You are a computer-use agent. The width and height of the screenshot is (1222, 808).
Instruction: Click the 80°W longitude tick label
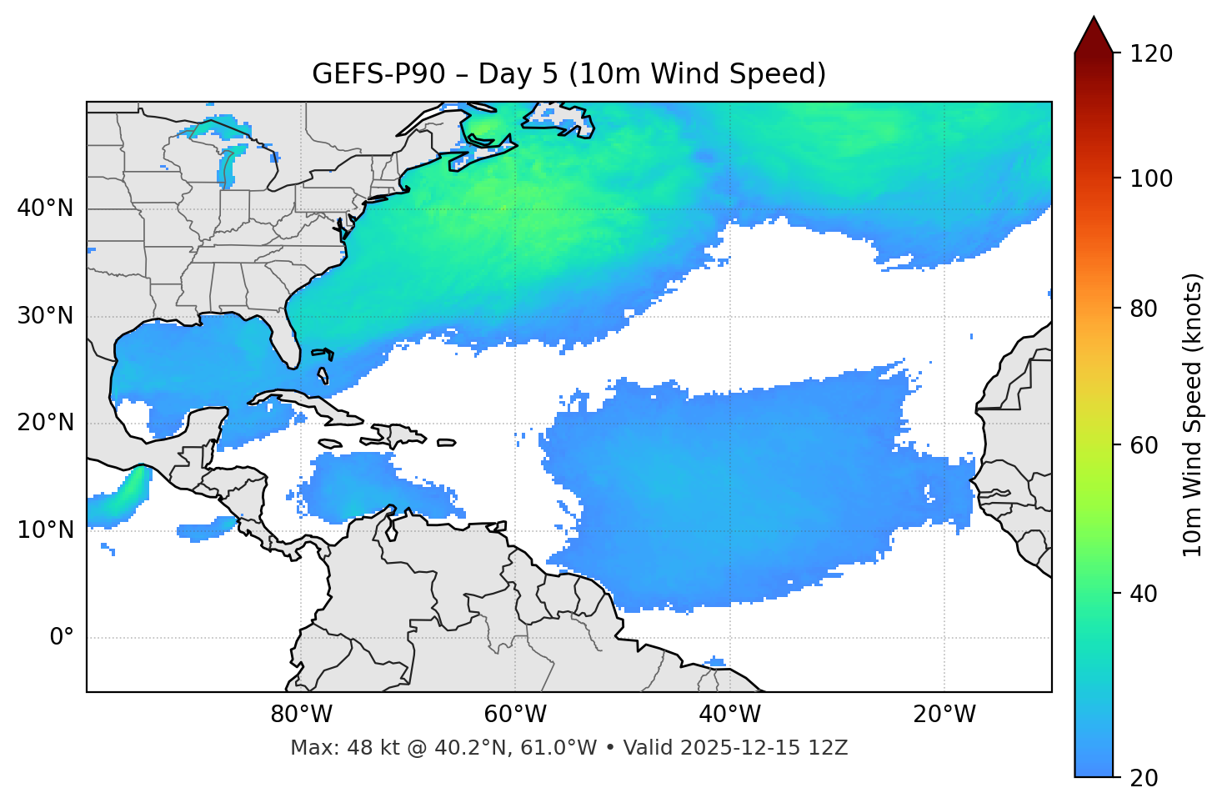pos(301,715)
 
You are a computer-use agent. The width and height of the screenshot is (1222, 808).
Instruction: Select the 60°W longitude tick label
pos(515,715)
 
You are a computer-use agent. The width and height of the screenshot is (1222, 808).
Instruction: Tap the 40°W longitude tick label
pos(729,715)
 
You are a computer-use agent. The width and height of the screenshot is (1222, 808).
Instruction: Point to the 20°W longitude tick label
pos(944,715)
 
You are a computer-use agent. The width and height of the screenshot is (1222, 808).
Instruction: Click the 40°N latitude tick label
pos(45,208)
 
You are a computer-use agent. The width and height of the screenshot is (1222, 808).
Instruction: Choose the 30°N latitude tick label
pos(45,316)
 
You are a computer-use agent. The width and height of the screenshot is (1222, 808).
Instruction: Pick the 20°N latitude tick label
pos(45,423)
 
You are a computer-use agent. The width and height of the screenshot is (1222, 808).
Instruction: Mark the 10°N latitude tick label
pos(45,530)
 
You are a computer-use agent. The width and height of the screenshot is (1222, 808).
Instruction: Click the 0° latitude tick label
pos(61,638)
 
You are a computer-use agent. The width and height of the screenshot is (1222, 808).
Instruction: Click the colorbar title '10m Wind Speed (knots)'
pos(1194,415)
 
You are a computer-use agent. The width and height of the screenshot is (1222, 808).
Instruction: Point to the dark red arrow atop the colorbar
pos(1094,35)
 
